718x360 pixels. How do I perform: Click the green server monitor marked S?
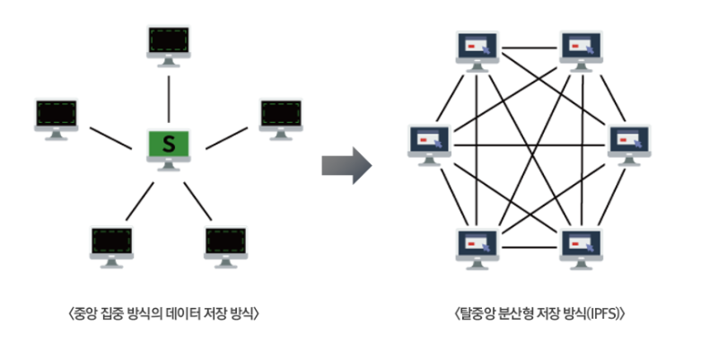pos(167,145)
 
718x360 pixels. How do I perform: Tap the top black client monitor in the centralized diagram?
pos(169,41)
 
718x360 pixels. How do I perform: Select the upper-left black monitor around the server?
pos(56,116)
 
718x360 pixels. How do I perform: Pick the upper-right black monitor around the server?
pos(281,116)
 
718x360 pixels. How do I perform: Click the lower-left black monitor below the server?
pos(112,242)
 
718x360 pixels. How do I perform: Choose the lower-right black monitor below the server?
pos(225,242)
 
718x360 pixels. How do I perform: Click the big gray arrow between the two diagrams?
pos(346,162)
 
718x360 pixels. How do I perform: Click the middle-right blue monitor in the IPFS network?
pos(630,141)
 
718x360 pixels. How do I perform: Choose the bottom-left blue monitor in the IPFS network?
pos(477,243)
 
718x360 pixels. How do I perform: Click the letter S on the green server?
pos(167,143)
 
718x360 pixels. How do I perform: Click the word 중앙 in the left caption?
pos(85,314)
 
